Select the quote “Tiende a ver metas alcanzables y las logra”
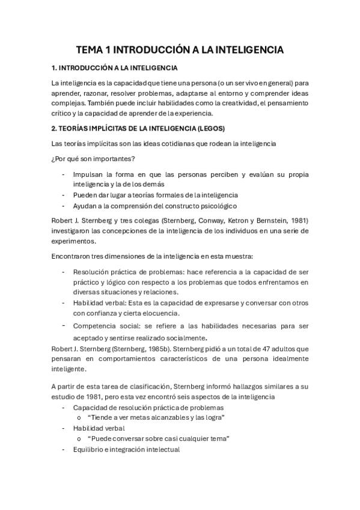(156, 417)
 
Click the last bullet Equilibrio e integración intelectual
(126, 449)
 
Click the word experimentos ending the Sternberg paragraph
(77, 241)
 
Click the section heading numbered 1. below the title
(115, 68)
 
